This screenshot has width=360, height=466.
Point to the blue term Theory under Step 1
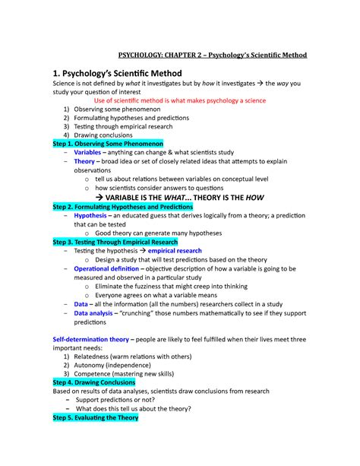point(85,162)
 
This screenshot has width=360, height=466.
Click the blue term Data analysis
point(96,312)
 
